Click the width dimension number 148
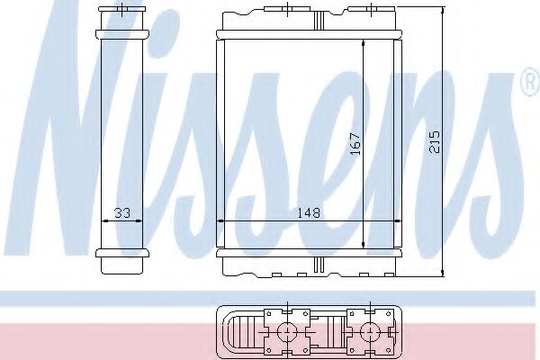pyautogui.click(x=310, y=213)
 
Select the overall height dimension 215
pyautogui.click(x=436, y=141)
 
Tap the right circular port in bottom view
pyautogui.click(x=367, y=331)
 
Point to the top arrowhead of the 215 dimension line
pyautogui.click(x=444, y=12)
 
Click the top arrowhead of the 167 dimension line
pyautogui.click(x=362, y=43)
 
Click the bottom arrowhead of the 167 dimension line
pyautogui.click(x=362, y=243)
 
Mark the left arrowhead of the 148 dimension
pyautogui.click(x=222, y=220)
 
